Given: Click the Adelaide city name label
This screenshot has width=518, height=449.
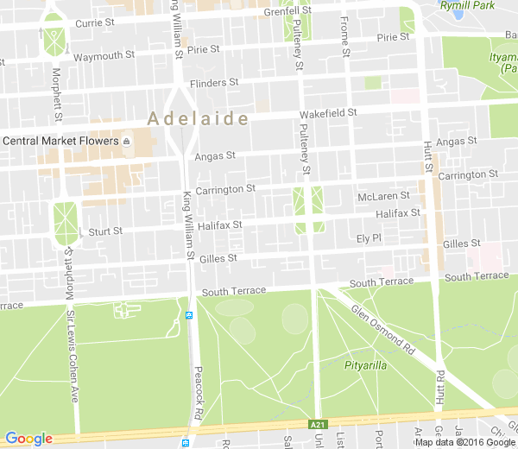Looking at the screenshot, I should pyautogui.click(x=199, y=118).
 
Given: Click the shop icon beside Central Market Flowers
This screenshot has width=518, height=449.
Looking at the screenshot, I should pyautogui.click(x=127, y=141).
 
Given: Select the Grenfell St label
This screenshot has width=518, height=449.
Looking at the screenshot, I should pyautogui.click(x=287, y=12).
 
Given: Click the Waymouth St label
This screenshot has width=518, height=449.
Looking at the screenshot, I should pyautogui.click(x=104, y=56).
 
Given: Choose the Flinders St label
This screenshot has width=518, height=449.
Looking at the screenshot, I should pyautogui.click(x=213, y=83).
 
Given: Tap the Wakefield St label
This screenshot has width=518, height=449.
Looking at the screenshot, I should pyautogui.click(x=328, y=113).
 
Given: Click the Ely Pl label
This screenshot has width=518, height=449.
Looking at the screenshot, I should pyautogui.click(x=369, y=237).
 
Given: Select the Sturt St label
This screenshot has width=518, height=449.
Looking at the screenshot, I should pyautogui.click(x=105, y=231).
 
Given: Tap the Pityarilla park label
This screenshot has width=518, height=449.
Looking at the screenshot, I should pyautogui.click(x=365, y=365).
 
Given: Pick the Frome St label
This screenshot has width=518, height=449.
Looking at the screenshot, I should pyautogui.click(x=344, y=36).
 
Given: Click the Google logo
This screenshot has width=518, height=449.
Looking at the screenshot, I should pyautogui.click(x=28, y=439).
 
